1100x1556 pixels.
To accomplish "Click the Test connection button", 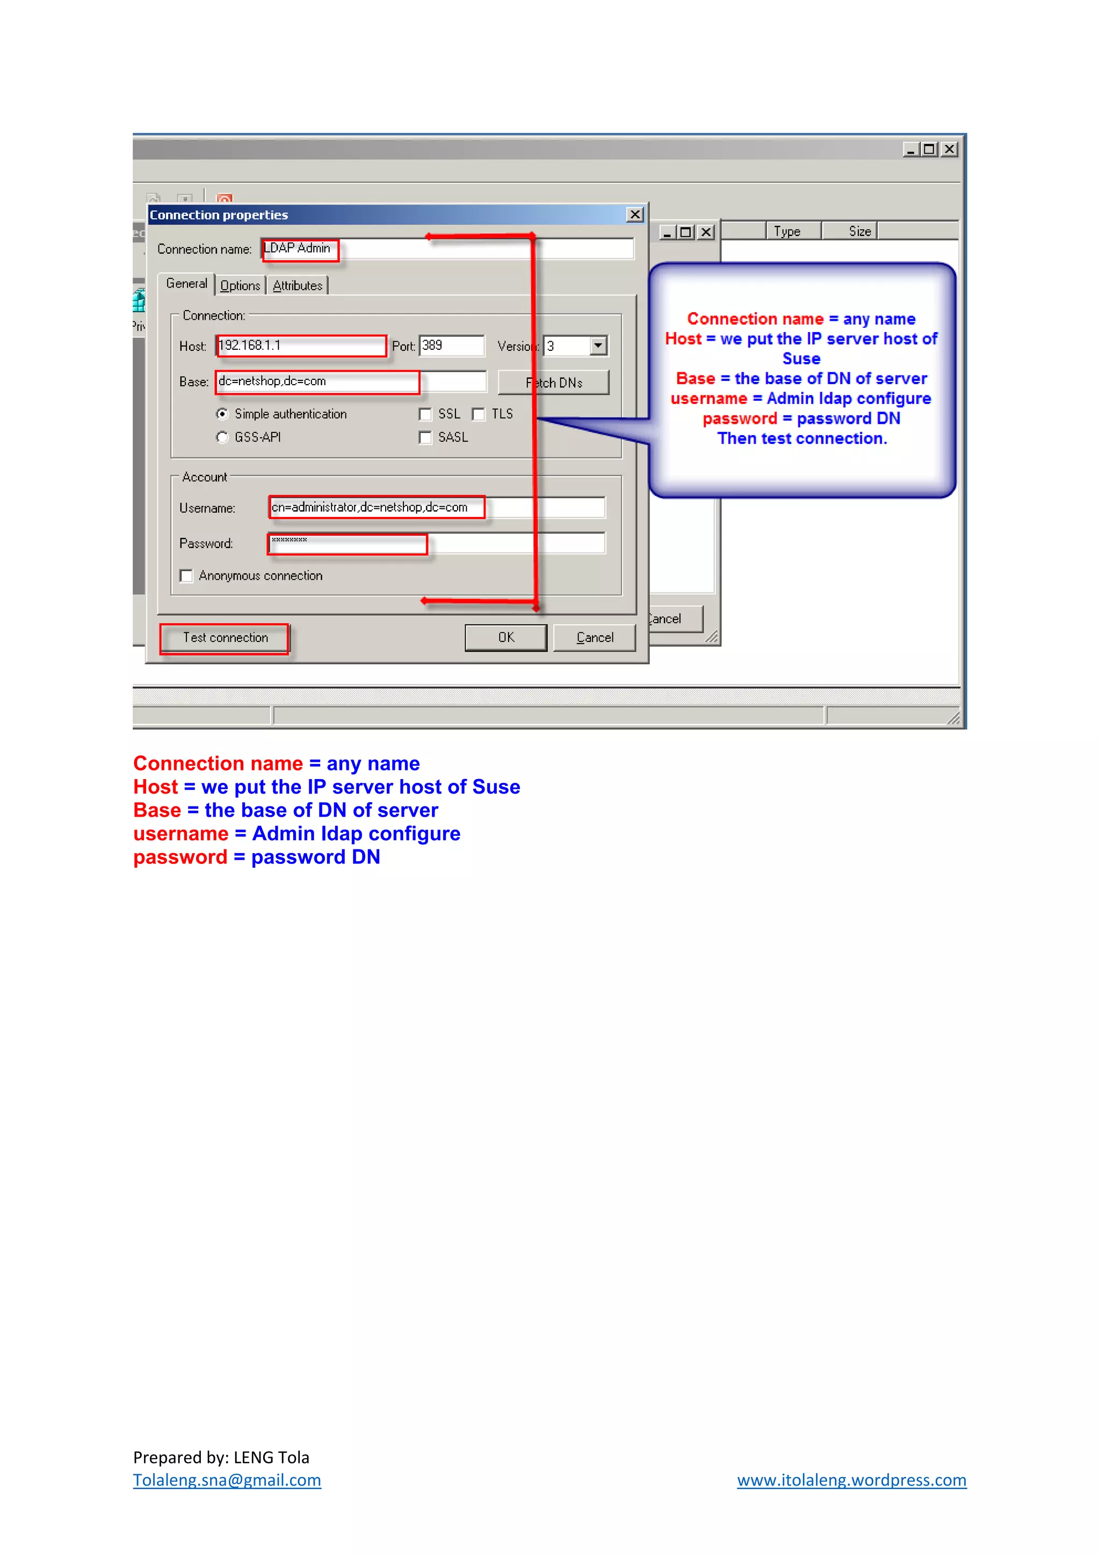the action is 225,638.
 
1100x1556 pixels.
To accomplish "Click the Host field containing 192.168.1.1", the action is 301,345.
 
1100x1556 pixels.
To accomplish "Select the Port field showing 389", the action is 451,345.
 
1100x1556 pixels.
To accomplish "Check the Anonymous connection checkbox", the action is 186,576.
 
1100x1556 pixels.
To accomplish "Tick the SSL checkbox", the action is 425,414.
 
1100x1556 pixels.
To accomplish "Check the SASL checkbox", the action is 425,438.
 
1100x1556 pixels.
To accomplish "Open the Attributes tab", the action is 298,286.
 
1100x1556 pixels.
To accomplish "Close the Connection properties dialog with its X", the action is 635,215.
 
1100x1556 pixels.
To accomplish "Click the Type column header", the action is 787,231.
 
